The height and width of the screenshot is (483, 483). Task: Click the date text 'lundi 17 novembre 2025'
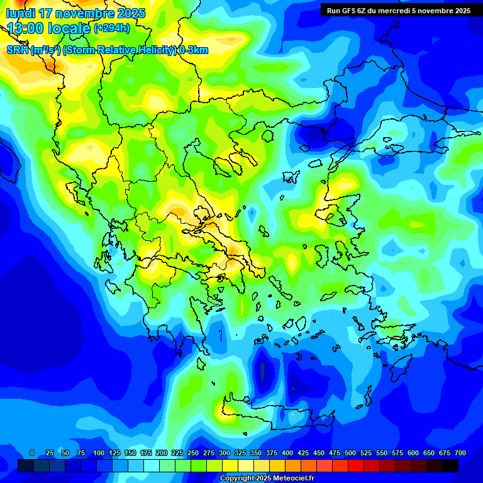pyautogui.click(x=75, y=13)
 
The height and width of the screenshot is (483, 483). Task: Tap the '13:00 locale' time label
pyautogui.click(x=48, y=28)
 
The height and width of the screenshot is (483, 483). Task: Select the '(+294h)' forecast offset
pyautogui.click(x=112, y=28)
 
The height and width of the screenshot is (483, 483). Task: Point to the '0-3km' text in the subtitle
pyautogui.click(x=193, y=50)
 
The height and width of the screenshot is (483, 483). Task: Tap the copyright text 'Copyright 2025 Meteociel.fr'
pyautogui.click(x=267, y=479)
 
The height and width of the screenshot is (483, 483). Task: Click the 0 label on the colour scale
pyautogui.click(x=32, y=453)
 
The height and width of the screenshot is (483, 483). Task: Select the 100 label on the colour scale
pyautogui.click(x=99, y=453)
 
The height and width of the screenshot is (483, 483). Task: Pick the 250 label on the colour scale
pyautogui.click(x=193, y=453)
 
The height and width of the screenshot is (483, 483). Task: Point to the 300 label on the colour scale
pyautogui.click(x=225, y=453)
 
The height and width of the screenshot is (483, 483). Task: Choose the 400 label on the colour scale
pyautogui.click(x=287, y=453)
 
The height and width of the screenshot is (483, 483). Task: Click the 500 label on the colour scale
pyautogui.click(x=350, y=453)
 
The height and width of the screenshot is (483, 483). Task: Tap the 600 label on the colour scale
pyautogui.click(x=413, y=453)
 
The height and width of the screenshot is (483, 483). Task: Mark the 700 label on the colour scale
pyautogui.click(x=460, y=453)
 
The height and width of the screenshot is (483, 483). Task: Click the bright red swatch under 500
pyautogui.click(x=356, y=465)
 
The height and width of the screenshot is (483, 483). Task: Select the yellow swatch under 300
pyautogui.click(x=230, y=465)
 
